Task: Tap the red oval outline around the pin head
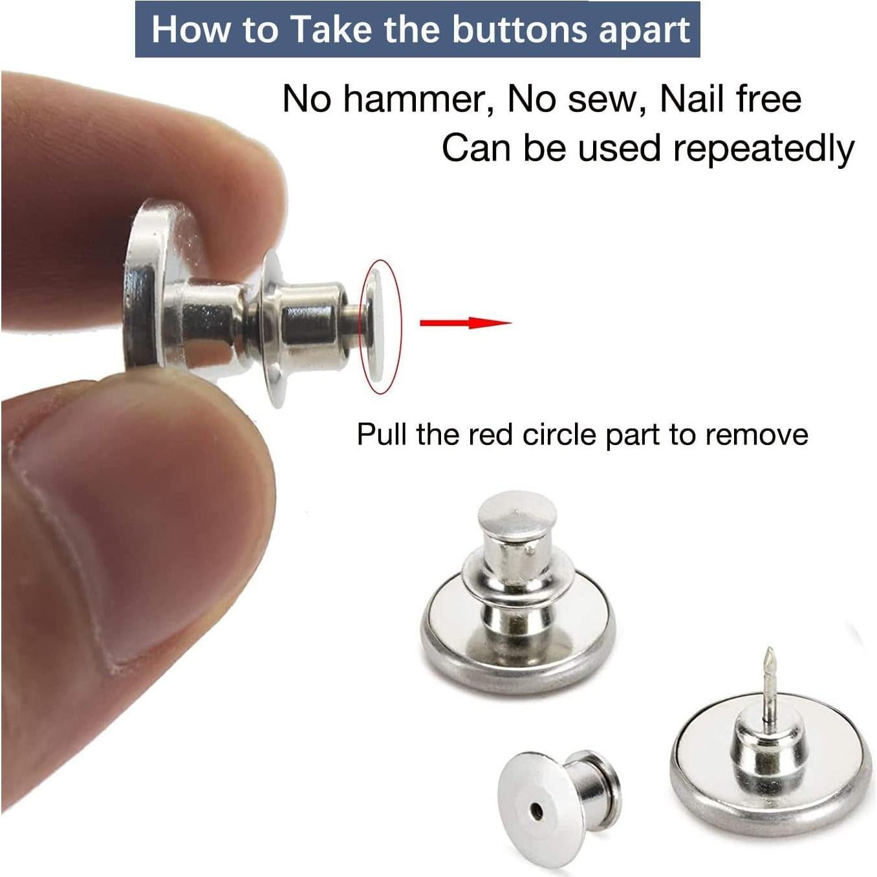pos(400,323)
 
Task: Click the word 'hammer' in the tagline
pos(415,100)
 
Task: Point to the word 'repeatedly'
pos(763,149)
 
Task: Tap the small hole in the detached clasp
pos(537,809)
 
